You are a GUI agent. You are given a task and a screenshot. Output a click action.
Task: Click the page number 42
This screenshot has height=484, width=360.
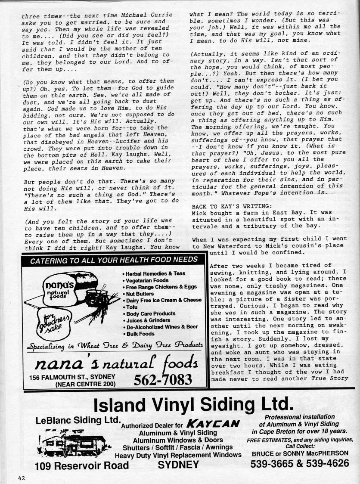(x=22, y=478)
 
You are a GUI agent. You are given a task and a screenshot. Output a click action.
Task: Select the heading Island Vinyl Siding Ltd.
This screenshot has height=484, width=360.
(x=193, y=404)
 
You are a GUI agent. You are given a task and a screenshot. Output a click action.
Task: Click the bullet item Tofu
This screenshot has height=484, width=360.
(x=131, y=307)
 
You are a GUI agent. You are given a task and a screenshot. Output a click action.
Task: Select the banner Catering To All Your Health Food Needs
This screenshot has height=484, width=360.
(x=114, y=260)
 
